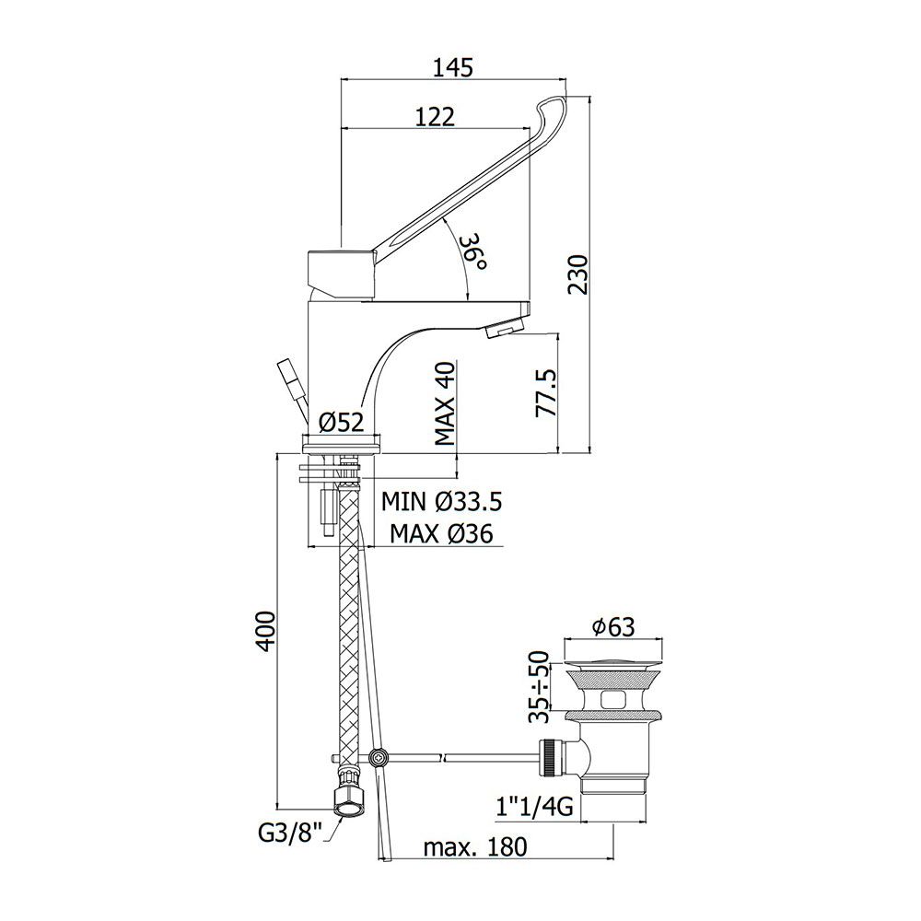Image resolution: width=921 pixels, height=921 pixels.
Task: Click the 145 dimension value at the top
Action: tap(453, 67)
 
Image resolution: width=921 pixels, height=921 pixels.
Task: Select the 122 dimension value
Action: tap(436, 117)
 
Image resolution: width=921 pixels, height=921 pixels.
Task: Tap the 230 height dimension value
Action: tap(578, 274)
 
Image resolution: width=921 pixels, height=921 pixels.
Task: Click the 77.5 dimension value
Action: tap(546, 393)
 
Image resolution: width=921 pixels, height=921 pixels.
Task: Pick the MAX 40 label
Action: tap(445, 403)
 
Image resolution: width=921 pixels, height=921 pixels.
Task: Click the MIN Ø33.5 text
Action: tap(442, 502)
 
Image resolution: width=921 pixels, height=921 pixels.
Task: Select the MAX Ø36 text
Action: tap(442, 534)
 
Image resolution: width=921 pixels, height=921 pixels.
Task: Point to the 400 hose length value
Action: tap(267, 631)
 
